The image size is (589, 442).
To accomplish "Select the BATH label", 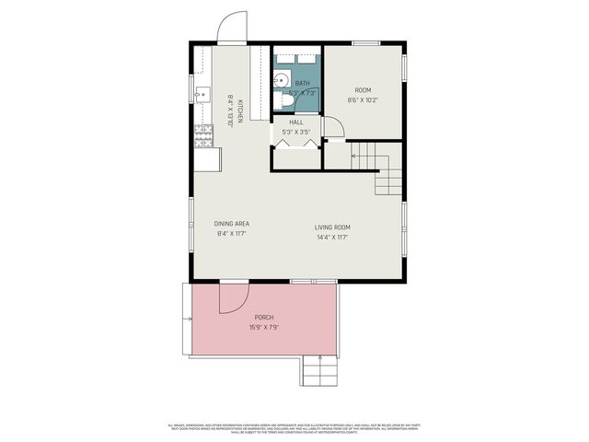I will point(302,84).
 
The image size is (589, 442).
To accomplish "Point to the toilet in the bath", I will point(284,101).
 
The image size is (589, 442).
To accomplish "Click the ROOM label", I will point(363,90).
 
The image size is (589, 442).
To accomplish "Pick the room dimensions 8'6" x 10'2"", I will point(363,99).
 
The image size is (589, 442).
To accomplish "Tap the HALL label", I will point(295,122).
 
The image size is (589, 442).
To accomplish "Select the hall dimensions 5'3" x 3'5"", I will point(295,132).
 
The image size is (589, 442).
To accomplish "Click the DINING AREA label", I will point(232,224).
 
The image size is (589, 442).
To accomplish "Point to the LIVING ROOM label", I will point(332,227).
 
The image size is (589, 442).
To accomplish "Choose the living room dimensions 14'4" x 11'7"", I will point(332,237).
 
